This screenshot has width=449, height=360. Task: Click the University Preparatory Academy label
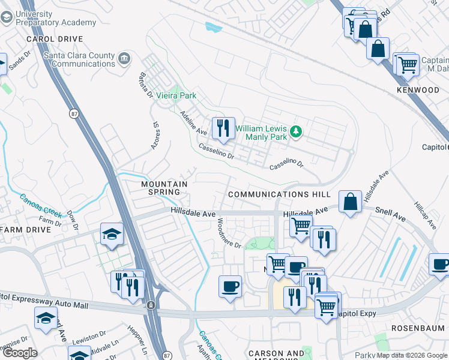(x=56, y=18)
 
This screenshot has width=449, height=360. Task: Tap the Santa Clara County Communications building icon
(x=125, y=58)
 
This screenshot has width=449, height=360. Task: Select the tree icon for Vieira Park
(x=174, y=95)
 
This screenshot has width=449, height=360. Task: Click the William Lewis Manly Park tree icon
(x=295, y=131)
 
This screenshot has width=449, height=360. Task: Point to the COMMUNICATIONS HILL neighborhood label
(x=279, y=194)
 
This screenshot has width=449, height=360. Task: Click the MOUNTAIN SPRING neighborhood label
(x=164, y=188)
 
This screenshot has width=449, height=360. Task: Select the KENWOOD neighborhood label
(x=418, y=90)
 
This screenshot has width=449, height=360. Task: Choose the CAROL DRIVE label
(x=55, y=38)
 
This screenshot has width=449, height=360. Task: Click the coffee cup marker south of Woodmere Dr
(x=229, y=286)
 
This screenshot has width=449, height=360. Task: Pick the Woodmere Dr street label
(x=229, y=233)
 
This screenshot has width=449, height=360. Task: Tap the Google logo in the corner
(x=19, y=352)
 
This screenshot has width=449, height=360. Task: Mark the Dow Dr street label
(x=72, y=219)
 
